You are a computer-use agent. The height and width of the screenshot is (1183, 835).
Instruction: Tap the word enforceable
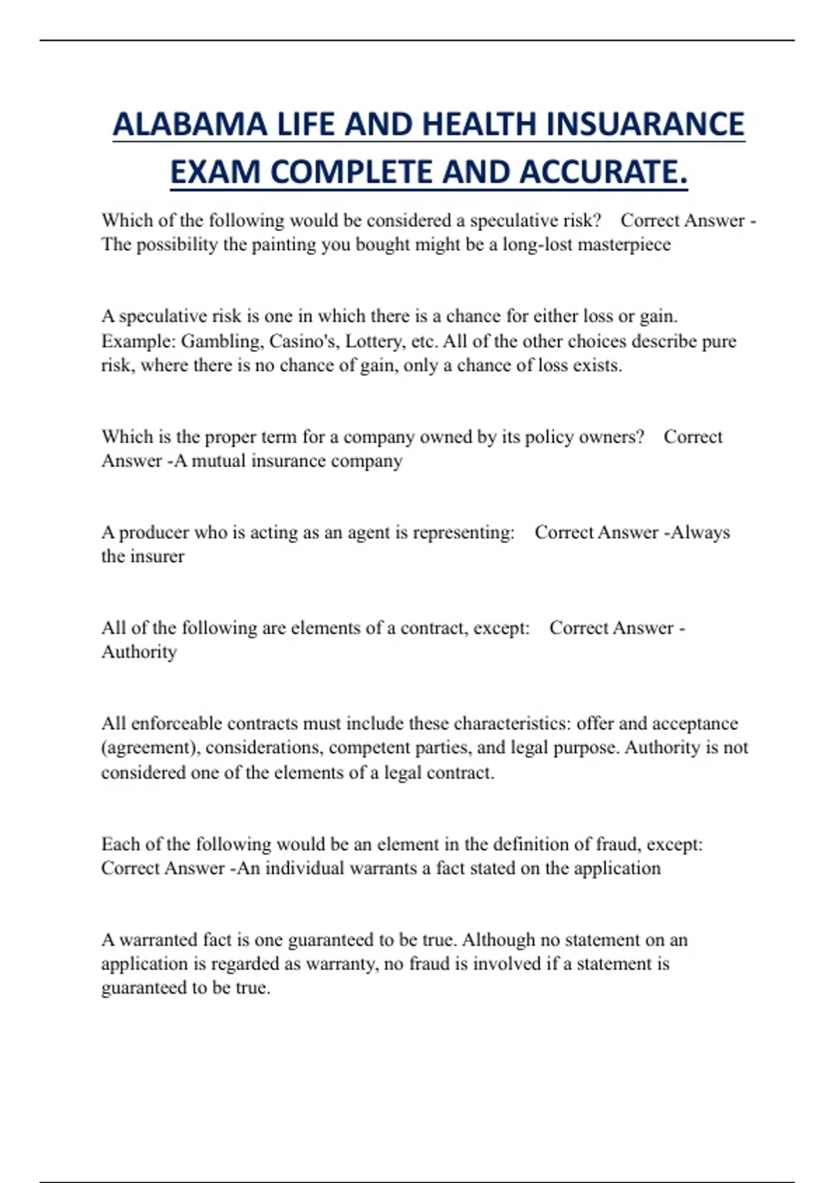tap(176, 724)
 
